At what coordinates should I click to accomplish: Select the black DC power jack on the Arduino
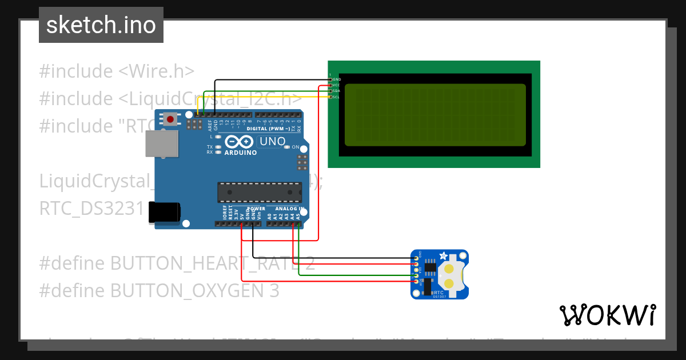point(163,212)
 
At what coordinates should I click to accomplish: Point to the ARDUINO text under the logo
point(240,153)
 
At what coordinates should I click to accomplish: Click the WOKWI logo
point(607,315)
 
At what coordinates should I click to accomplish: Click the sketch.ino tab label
point(101,25)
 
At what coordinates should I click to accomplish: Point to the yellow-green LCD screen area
point(435,115)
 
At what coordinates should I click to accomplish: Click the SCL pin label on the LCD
point(336,97)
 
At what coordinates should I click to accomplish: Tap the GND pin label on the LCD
point(336,79)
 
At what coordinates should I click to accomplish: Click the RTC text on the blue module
point(438,291)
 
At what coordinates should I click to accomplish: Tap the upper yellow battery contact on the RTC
point(450,268)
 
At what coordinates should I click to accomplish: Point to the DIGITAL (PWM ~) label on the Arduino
point(267,129)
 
